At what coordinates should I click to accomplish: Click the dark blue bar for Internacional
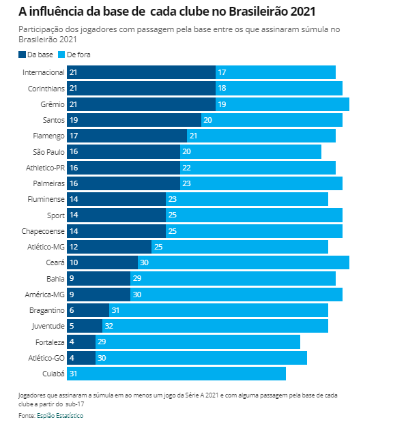[141, 72]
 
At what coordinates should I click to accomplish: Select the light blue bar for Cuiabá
[177, 374]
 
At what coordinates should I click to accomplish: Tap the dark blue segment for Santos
[134, 120]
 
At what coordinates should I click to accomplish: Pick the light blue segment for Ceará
[244, 262]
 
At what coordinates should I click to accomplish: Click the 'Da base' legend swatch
[22, 55]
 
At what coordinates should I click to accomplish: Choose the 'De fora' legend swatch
[61, 55]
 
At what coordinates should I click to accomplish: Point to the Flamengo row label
[48, 136]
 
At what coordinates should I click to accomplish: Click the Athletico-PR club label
[45, 168]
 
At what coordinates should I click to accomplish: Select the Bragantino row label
[47, 310]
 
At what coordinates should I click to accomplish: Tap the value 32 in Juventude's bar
[109, 326]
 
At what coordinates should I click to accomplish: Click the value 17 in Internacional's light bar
[222, 72]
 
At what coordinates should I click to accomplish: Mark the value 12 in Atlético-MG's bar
[74, 247]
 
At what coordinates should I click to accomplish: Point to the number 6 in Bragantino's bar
[72, 310]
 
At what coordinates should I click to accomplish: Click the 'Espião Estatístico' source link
[60, 416]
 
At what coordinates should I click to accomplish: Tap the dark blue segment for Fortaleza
[81, 342]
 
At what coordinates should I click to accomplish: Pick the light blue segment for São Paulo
[250, 152]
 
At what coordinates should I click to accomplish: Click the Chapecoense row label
[43, 231]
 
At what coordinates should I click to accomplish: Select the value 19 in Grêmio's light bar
[222, 104]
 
